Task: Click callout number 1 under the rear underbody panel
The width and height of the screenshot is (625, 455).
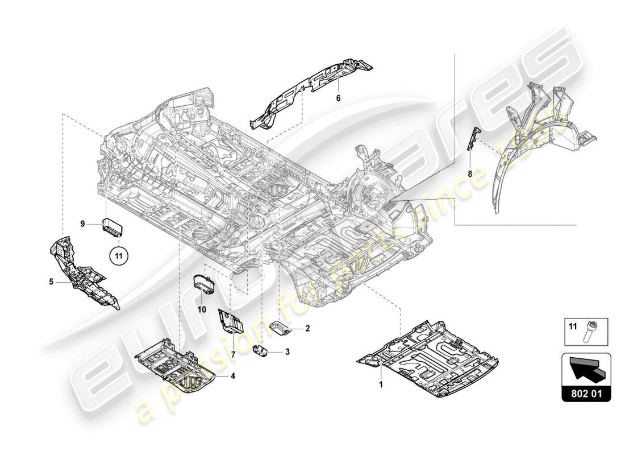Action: tap(381, 384)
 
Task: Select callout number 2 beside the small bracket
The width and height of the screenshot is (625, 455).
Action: tap(307, 328)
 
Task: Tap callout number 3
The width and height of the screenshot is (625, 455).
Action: tap(287, 352)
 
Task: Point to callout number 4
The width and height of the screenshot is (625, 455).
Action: tap(232, 375)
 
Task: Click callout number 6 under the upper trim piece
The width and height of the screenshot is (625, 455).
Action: tap(338, 98)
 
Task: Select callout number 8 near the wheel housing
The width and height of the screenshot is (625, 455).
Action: tap(470, 175)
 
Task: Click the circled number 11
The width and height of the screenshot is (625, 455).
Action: tap(118, 256)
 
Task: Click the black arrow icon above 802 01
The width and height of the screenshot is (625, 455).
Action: tap(586, 370)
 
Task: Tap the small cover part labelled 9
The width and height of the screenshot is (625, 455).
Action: tap(113, 226)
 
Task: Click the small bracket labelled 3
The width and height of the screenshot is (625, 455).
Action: tap(261, 350)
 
